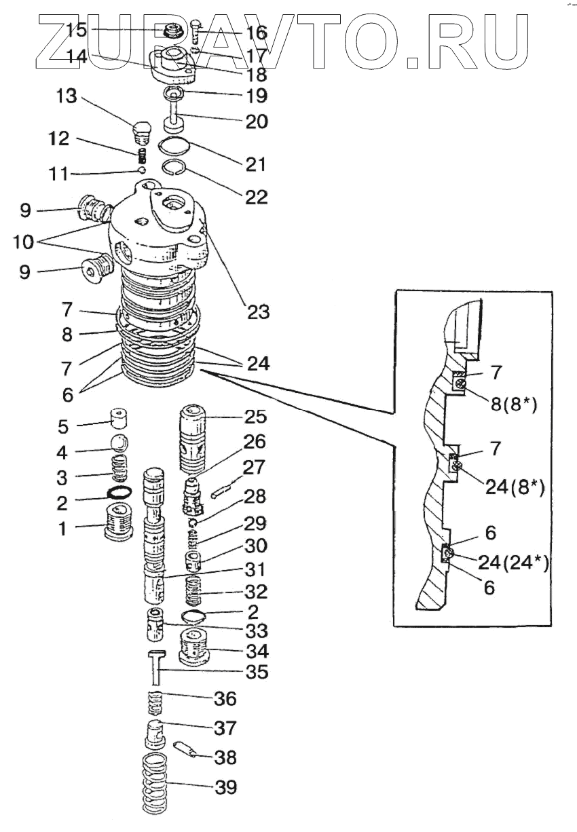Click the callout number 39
(x=225, y=788)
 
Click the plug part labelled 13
(x=141, y=131)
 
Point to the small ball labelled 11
(x=142, y=170)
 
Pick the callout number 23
(x=258, y=312)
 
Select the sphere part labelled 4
(x=120, y=443)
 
